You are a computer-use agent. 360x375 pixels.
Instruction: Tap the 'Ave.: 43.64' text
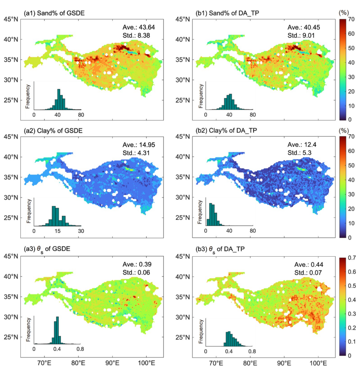click(138, 27)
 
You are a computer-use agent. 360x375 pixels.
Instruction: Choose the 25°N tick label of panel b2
click(182, 218)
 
